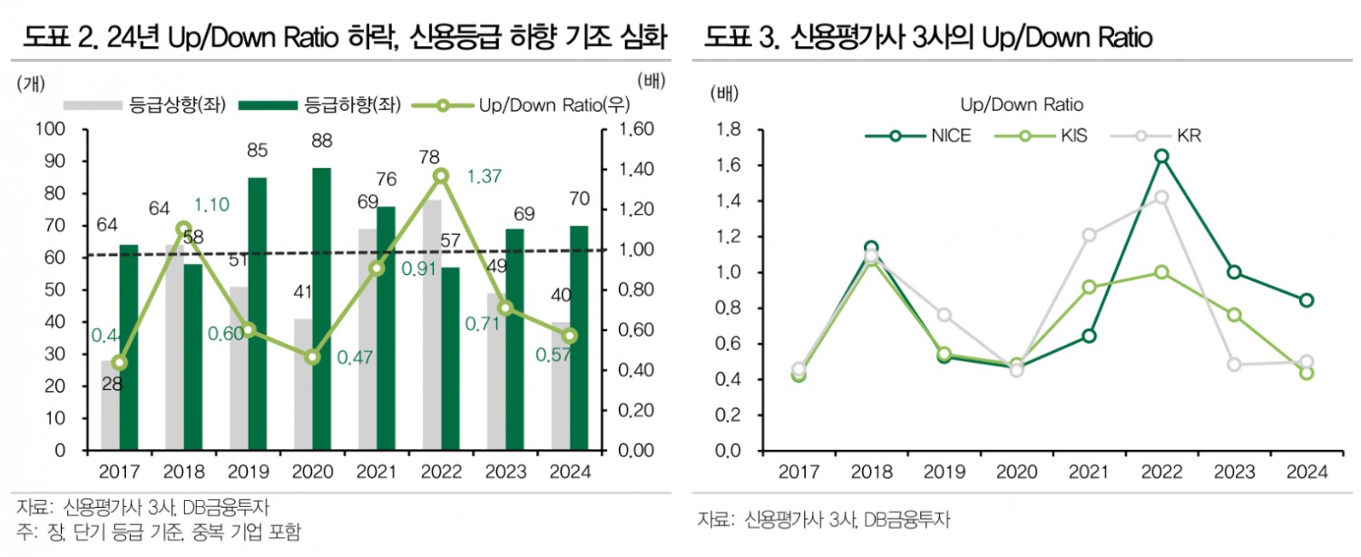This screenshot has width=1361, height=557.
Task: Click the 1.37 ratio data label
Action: (485, 175)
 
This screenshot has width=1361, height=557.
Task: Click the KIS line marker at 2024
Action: (1307, 373)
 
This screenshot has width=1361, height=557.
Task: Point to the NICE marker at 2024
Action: (1307, 300)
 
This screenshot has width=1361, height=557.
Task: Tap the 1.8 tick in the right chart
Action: (728, 131)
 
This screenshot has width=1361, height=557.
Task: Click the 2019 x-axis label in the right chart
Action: (943, 472)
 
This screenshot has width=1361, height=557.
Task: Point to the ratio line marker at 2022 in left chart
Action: (441, 175)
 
